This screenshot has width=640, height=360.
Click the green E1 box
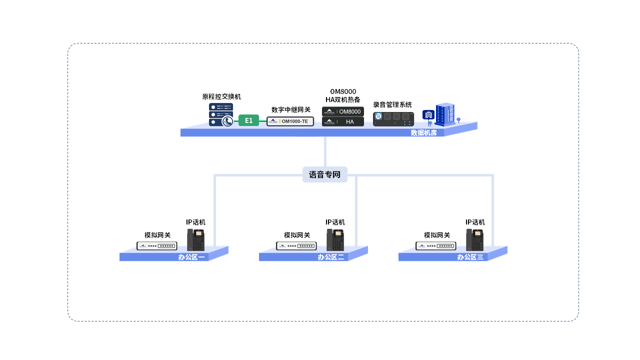coord(248,120)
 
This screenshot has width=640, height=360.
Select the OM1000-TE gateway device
coord(290,121)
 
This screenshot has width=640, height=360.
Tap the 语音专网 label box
coord(324,174)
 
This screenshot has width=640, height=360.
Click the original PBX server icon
coord(220,114)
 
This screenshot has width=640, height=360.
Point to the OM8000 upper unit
coord(343,111)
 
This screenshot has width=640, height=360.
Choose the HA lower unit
coord(343,121)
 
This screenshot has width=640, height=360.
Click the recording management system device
coord(394,118)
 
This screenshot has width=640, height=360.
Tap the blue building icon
coord(445,114)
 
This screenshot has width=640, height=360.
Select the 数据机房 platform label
coord(423,132)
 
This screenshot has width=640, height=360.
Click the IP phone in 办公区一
coord(195,239)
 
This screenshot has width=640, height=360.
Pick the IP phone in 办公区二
coord(335,239)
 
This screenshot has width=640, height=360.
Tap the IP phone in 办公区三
coord(474,239)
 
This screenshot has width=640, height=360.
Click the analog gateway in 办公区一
coord(157,246)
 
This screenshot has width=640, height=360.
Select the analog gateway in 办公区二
coord(296,246)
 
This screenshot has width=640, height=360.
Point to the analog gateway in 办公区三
coord(436,246)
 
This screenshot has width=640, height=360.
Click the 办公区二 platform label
coord(330,257)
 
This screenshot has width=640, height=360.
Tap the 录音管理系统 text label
coord(392,104)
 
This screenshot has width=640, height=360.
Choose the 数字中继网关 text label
coord(291,109)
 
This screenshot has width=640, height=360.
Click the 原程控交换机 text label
coord(221,96)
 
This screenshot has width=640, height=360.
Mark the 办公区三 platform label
coord(470,257)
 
